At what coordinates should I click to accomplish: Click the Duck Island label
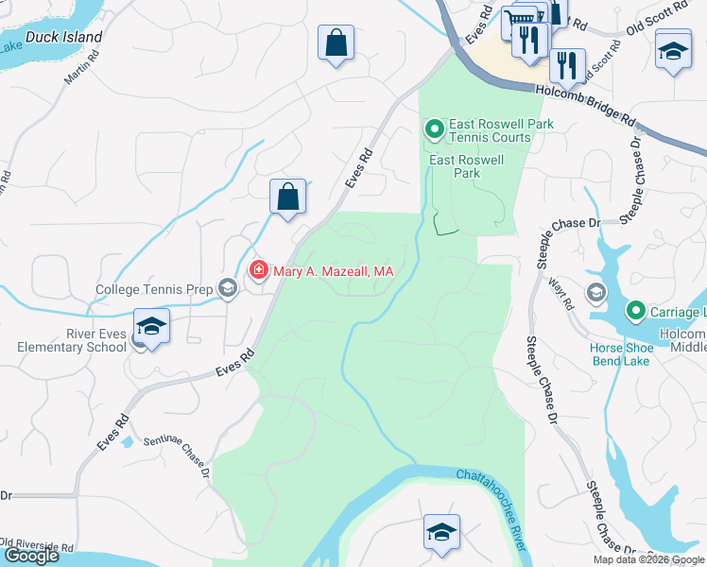[x=64, y=37]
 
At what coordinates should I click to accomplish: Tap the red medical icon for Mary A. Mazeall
[x=257, y=271]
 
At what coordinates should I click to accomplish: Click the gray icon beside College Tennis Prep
[x=227, y=289]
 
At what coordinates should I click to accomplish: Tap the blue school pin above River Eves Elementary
[x=151, y=326]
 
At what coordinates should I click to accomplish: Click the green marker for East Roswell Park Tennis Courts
[x=434, y=128]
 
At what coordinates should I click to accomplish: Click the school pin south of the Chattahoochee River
[x=441, y=532]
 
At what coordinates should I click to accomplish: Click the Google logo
[x=30, y=556]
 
